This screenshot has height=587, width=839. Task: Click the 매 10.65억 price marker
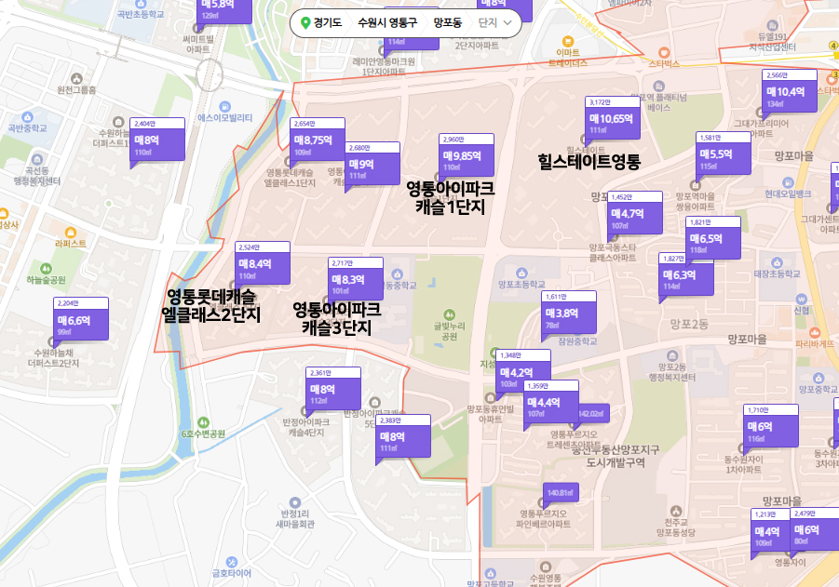coord(613,122)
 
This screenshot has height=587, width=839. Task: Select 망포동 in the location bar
coord(446,22)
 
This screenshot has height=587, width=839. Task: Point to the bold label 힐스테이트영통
coord(589,161)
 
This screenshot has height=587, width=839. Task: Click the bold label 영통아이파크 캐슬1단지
coord(450,197)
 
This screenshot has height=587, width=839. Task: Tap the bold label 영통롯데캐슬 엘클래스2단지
coord(210,306)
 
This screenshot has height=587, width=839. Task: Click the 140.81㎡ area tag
coord(559,492)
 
